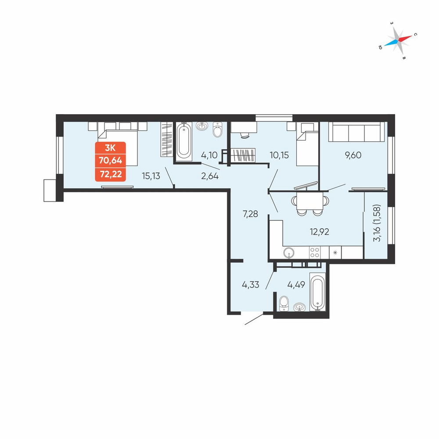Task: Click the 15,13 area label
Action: point(151,176)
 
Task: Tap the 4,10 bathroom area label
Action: point(209,155)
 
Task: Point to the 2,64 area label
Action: point(210,176)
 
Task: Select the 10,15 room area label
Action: point(279,155)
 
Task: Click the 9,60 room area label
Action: point(353,155)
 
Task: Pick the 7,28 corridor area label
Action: point(250,214)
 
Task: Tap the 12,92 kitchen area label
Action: point(319,232)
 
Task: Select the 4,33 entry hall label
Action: point(251,285)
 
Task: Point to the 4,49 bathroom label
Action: point(296,285)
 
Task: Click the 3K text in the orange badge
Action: point(110,147)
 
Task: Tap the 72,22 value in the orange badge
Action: point(111,174)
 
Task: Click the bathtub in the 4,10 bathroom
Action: point(184,142)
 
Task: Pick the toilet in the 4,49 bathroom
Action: point(284,303)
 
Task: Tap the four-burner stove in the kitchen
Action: point(315,252)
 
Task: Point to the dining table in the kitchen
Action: point(310,202)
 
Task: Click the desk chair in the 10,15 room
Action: point(244,136)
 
